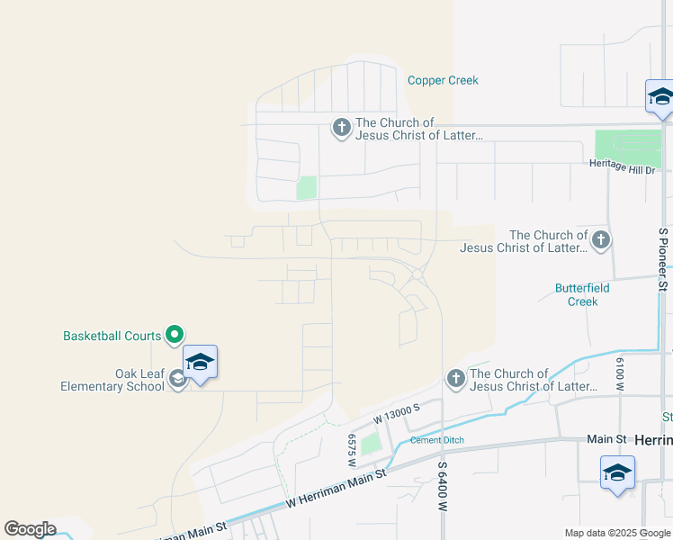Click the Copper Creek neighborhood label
point(443,80)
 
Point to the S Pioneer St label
point(663,259)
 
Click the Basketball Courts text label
point(112,336)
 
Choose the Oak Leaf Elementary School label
point(112,380)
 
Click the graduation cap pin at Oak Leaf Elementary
point(200,363)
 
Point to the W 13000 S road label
point(397,414)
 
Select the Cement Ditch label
point(436,440)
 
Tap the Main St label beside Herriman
point(606,439)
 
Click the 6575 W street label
point(352,449)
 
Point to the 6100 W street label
point(620,373)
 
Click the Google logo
point(30,529)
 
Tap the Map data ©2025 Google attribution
point(617,533)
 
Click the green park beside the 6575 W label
point(371,444)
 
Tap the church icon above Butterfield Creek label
point(601,240)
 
